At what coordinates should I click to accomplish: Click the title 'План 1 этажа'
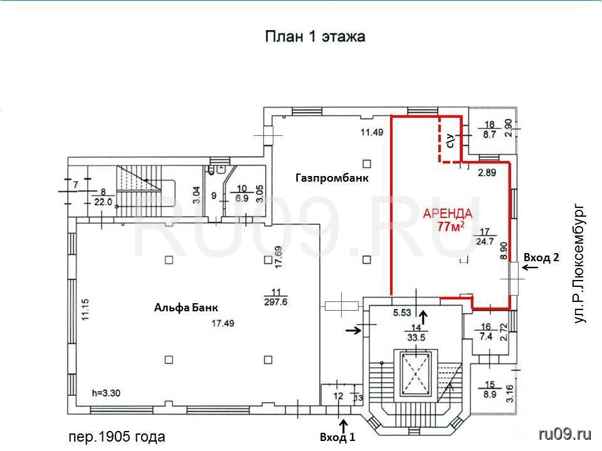315,37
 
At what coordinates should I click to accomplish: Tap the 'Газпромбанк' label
332,178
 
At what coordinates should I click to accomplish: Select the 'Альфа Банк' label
186,308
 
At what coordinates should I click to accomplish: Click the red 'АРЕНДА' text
448,214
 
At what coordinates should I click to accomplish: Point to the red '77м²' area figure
451,226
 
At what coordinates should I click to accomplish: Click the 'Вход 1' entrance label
337,437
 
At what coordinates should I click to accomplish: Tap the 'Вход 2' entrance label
541,257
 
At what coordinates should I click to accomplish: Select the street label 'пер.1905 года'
117,437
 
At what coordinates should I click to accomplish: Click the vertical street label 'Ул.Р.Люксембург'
579,264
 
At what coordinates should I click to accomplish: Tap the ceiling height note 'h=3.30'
107,393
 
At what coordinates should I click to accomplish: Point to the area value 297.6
276,302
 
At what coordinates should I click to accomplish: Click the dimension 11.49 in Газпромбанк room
372,132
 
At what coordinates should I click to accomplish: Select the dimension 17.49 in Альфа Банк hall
223,324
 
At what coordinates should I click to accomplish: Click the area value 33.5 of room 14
416,338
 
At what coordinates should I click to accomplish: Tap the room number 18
490,125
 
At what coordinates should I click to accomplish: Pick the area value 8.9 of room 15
490,394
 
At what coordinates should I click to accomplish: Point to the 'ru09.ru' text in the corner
565,434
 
